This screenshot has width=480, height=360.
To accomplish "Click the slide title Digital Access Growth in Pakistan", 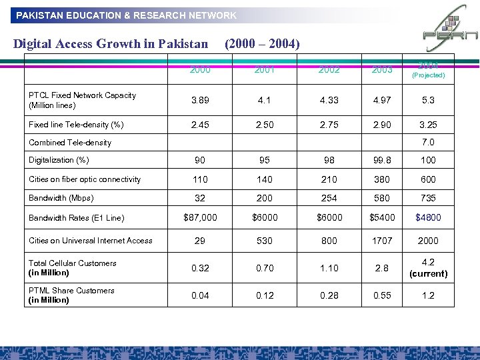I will click(111, 45).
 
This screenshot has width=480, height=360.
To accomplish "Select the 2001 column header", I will click(264, 69).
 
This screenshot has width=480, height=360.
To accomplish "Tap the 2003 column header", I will click(383, 69).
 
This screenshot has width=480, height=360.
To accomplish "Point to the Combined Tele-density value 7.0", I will click(428, 142).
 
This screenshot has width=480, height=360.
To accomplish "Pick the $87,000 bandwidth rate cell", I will click(199, 217).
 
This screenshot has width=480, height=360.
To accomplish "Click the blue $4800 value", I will click(428, 217).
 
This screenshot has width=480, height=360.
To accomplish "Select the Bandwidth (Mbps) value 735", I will click(428, 198).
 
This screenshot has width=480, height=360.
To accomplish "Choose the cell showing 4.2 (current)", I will click(428, 268).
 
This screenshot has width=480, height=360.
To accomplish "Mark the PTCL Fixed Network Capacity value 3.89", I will click(199, 100).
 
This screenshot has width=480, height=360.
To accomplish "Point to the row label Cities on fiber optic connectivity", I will click(85, 179).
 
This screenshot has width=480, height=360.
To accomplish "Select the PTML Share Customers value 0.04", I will click(199, 295).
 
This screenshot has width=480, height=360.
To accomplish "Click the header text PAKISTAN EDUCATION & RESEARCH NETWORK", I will click(126, 15).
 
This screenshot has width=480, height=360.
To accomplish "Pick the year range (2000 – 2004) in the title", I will click(262, 45).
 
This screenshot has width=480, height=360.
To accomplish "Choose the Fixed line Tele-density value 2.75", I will click(329, 124).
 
